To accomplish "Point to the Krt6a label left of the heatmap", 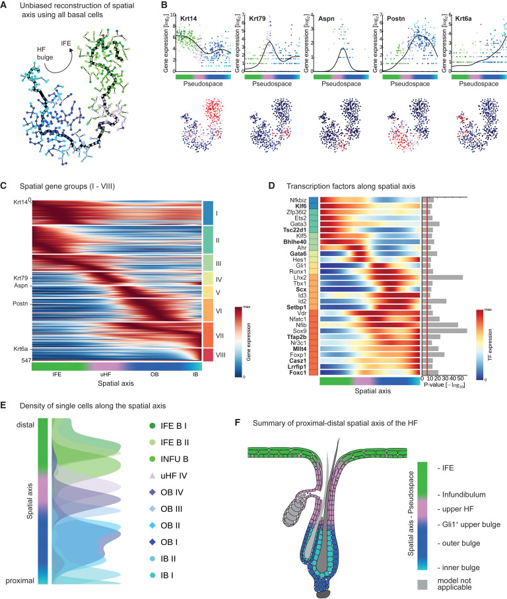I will coord(20,349).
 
